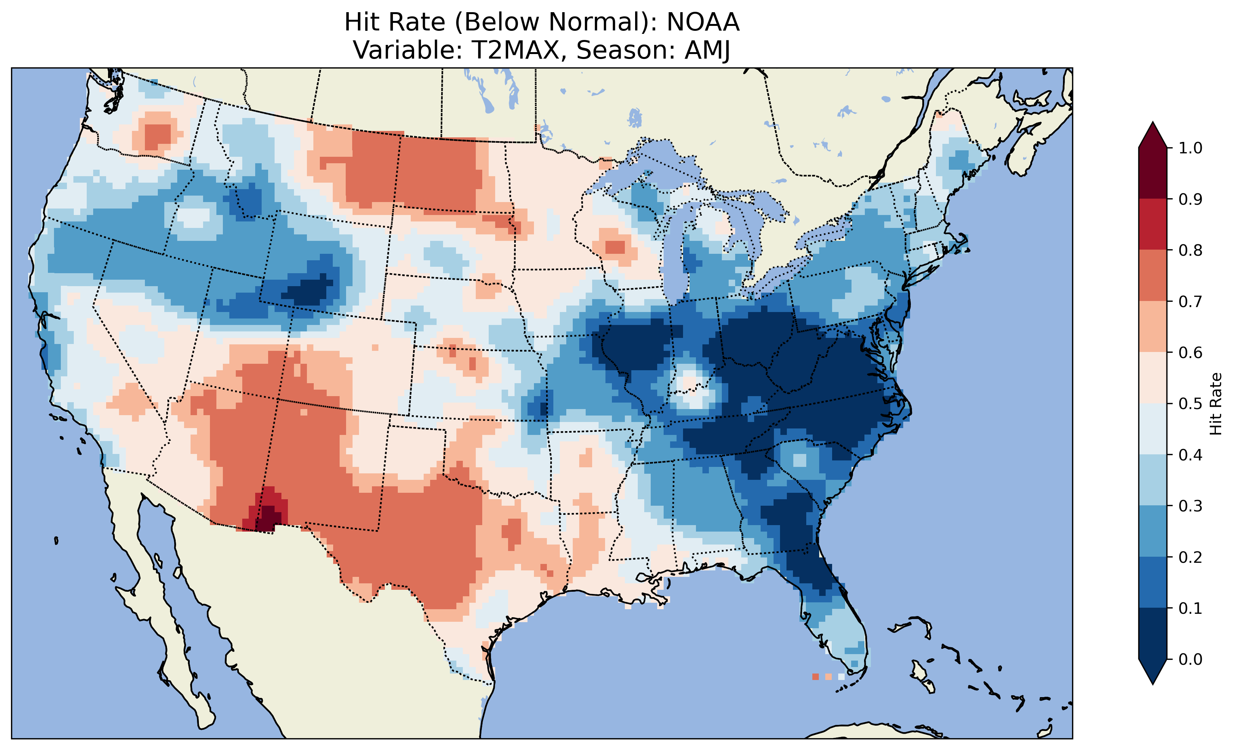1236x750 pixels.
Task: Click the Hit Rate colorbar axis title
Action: pos(1215,404)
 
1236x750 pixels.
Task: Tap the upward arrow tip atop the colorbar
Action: pos(1153,124)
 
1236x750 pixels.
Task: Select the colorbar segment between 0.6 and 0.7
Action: pos(1153,326)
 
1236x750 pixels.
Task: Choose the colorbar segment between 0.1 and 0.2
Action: pos(1153,582)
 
